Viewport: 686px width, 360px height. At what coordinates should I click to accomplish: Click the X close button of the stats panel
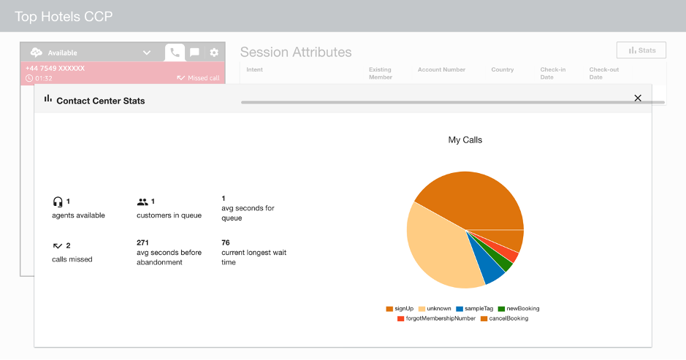click(638, 98)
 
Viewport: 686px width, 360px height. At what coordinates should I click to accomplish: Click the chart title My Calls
click(465, 139)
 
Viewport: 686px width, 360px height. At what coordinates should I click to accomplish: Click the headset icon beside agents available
click(58, 202)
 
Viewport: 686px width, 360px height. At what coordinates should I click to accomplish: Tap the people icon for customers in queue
click(142, 202)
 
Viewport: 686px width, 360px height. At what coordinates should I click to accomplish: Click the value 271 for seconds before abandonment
click(143, 242)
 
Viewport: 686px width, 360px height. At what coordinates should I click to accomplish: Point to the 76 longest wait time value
click(226, 242)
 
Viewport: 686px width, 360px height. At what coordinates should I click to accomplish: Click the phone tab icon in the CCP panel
click(175, 53)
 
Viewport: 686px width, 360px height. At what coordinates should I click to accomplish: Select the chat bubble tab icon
click(194, 53)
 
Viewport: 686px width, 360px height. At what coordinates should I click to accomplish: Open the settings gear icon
click(214, 53)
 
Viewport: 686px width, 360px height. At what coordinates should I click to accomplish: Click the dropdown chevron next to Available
click(147, 53)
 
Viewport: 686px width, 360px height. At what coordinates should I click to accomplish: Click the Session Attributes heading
click(296, 52)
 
